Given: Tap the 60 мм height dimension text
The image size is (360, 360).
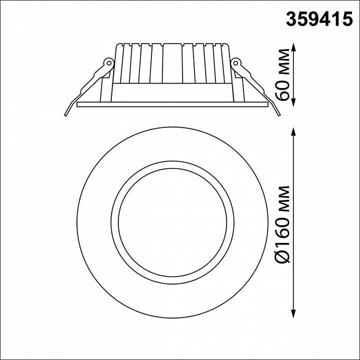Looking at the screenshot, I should (x=284, y=74).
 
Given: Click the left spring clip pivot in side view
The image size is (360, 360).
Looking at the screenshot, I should (x=106, y=63).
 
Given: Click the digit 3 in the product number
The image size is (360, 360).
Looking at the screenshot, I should (x=291, y=18).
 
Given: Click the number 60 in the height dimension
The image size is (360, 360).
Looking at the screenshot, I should (x=284, y=90).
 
